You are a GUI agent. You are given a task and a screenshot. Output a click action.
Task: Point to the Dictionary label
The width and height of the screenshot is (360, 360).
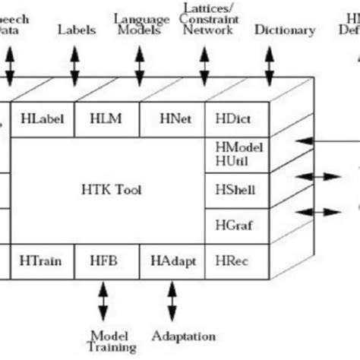coord(285,30)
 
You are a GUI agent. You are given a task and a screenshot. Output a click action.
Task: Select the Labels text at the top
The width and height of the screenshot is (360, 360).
coord(77,30)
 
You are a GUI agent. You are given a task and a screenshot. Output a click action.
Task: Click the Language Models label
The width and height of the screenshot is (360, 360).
coord(141,24)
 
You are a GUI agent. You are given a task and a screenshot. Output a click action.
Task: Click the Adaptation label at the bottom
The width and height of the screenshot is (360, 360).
coord(183,336)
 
